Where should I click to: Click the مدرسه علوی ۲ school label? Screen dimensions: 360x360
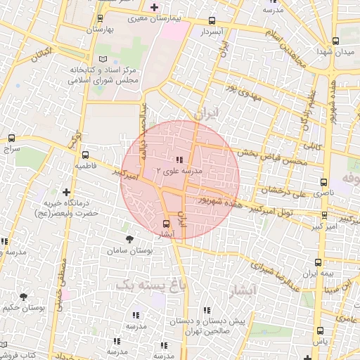[178, 170]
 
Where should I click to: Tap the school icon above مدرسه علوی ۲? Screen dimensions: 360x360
[179, 160]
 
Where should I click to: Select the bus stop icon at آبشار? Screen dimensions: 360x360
[166, 225]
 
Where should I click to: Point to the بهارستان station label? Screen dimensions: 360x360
[100, 30]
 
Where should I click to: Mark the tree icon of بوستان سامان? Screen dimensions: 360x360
[128, 240]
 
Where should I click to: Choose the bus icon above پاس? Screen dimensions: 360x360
[320, 330]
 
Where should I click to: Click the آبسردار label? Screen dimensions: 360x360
[212, 32]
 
